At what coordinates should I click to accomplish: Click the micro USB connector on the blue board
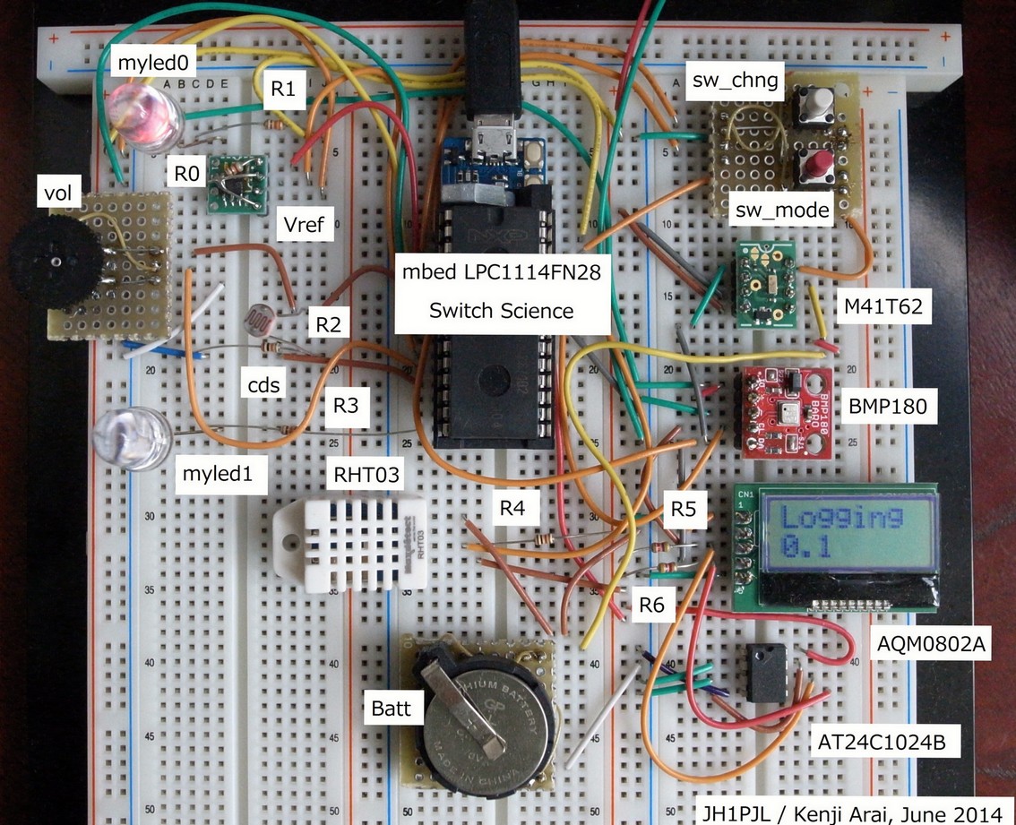[491, 143]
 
